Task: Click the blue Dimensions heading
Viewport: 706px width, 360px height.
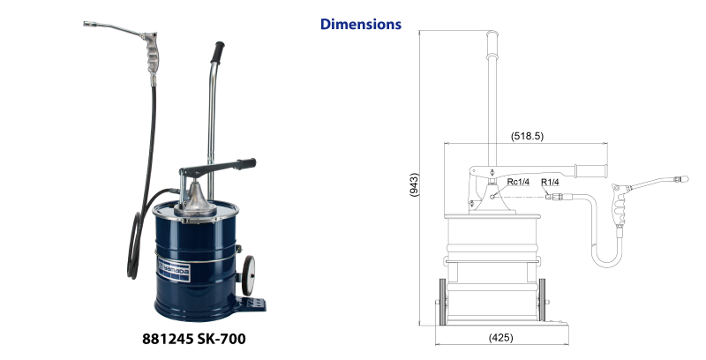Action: (361, 24)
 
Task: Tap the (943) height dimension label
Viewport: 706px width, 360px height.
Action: (414, 184)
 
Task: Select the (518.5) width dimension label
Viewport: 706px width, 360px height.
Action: (527, 136)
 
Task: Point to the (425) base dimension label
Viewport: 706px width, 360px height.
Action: (500, 337)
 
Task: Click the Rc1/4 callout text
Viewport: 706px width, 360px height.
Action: (518, 182)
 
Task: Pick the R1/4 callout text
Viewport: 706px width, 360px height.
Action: (550, 182)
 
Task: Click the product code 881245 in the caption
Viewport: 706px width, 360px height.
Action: (168, 339)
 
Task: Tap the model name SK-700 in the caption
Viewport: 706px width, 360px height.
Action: (222, 339)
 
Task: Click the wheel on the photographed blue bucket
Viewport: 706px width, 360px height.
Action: (248, 275)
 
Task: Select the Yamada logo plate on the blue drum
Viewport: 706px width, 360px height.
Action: (173, 271)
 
